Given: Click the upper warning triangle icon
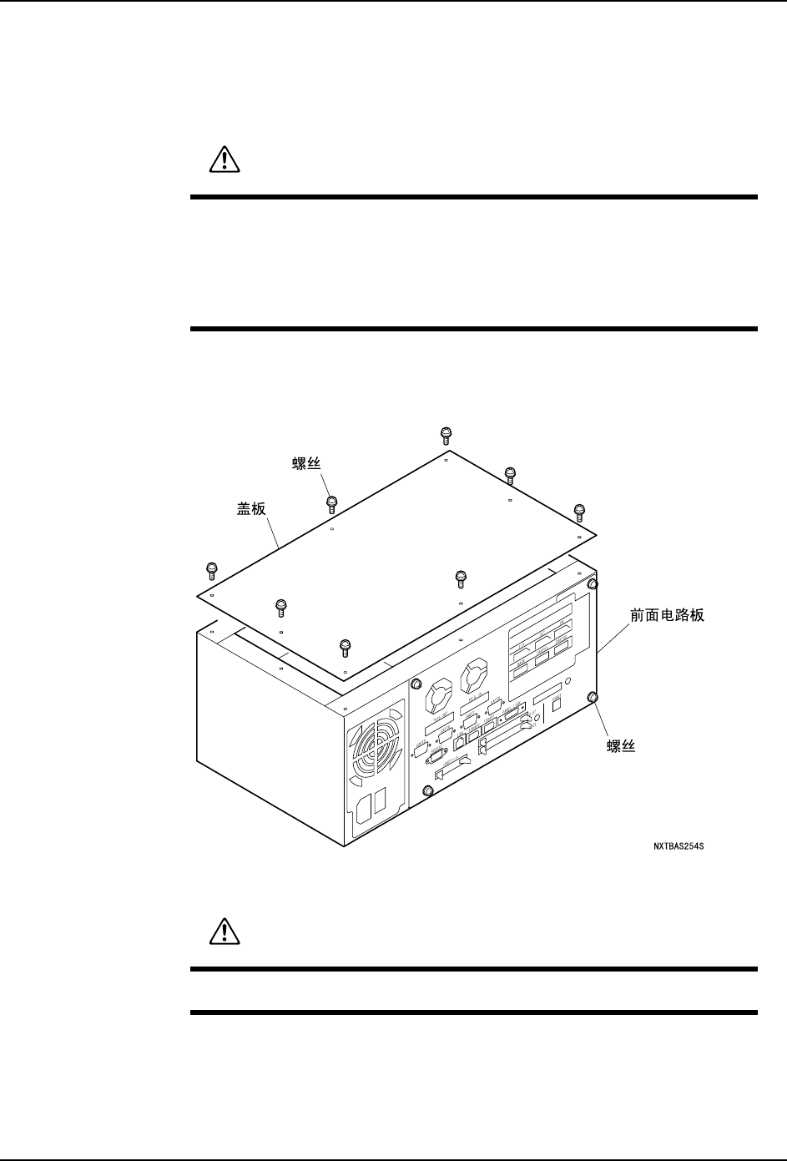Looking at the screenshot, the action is pyautogui.click(x=223, y=159).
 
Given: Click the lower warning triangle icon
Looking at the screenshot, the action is pyautogui.click(x=223, y=931).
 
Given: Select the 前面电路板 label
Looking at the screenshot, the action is pyautogui.click(x=668, y=615).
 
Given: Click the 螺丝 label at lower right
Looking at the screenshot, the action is pyautogui.click(x=621, y=745).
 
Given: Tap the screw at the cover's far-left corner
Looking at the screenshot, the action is pyautogui.click(x=211, y=570).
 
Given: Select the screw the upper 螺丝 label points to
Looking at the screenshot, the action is pyautogui.click(x=331, y=502).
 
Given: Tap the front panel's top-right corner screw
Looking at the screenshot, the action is pyautogui.click(x=593, y=584).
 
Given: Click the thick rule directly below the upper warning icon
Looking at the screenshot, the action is pyautogui.click(x=474, y=198).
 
